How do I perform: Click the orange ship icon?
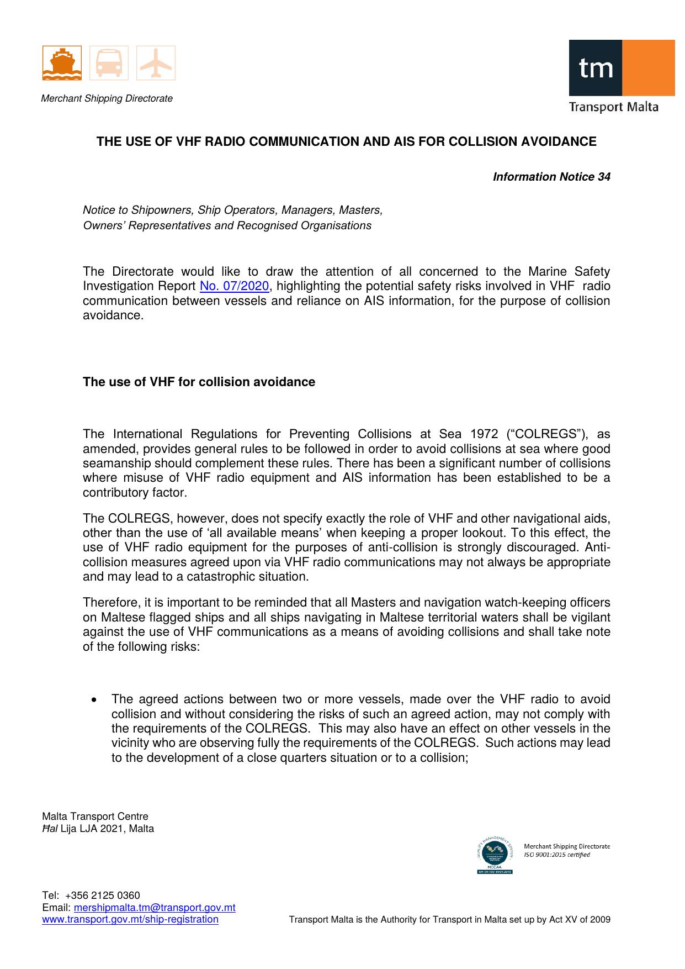point(62,63)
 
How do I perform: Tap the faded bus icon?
point(109,63)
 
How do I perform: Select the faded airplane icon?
point(156,63)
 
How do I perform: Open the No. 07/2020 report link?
point(234,286)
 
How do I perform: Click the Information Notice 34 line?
point(551,177)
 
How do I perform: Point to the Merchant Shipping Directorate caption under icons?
point(107,99)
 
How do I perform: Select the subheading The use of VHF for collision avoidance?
point(199,382)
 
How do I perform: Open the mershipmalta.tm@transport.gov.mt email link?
point(155,908)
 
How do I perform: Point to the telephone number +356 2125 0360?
point(102,896)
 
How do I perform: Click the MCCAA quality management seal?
point(494,855)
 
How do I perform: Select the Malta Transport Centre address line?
point(95,817)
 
